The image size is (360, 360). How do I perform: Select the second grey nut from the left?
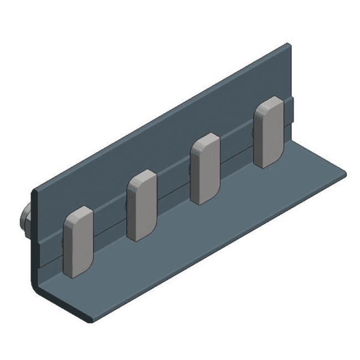[142, 205]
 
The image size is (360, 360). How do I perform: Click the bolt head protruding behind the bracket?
[24, 218]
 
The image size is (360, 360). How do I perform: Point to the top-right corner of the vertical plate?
[288, 45]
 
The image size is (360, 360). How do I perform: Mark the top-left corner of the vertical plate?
[34, 191]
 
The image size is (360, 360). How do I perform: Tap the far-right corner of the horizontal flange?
[344, 173]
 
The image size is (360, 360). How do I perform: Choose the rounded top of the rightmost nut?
[269, 101]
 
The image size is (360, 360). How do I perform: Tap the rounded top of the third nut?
[206, 138]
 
